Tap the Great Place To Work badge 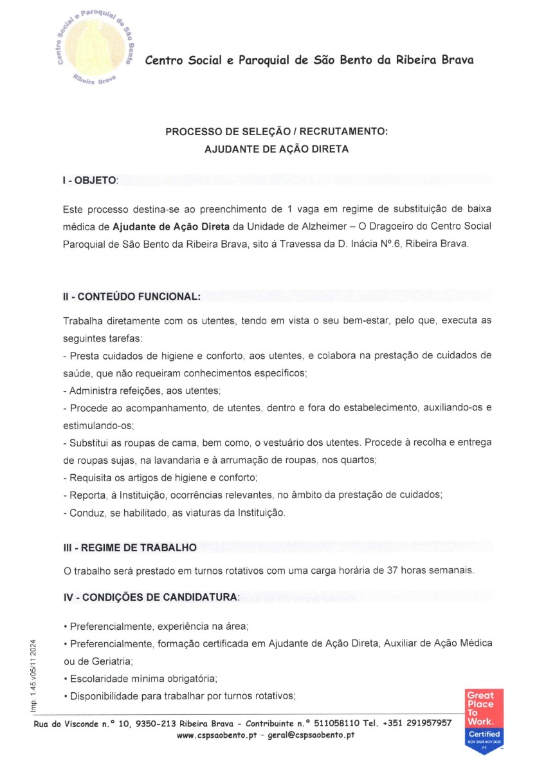(484, 719)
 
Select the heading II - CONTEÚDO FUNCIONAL (132, 297)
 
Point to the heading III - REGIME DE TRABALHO (129, 547)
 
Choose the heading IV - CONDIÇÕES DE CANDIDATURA (150, 597)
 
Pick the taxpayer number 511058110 (350, 722)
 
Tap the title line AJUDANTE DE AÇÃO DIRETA (277, 149)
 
